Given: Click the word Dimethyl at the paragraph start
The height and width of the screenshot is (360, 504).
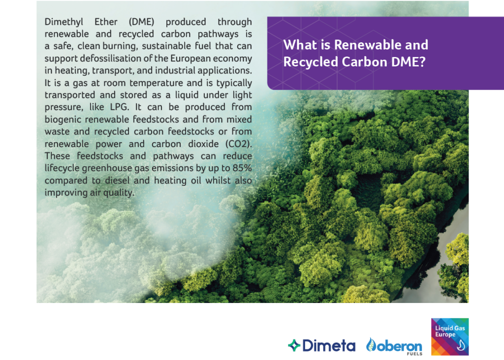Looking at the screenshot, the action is (x=63, y=22).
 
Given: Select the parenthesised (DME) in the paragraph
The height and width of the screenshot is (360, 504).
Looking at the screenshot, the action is (x=141, y=22).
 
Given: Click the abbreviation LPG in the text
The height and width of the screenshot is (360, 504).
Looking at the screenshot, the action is (x=119, y=107).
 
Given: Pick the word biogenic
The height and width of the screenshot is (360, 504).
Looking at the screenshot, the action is (x=63, y=120).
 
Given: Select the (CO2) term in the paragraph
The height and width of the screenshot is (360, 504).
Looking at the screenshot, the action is (x=239, y=144).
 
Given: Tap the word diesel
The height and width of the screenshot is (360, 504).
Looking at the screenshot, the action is (x=117, y=180).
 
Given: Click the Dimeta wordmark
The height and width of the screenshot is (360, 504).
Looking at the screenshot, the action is (x=329, y=346).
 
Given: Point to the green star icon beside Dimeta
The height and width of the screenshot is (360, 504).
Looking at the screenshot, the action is (x=294, y=346).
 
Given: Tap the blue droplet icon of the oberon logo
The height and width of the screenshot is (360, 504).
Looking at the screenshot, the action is (x=371, y=345).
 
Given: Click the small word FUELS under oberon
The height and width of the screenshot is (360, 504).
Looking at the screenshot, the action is (x=414, y=354).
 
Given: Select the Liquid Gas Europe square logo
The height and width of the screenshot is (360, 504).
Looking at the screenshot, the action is (x=450, y=336).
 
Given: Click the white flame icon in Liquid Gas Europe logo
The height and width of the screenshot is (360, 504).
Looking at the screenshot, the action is (x=461, y=345).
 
